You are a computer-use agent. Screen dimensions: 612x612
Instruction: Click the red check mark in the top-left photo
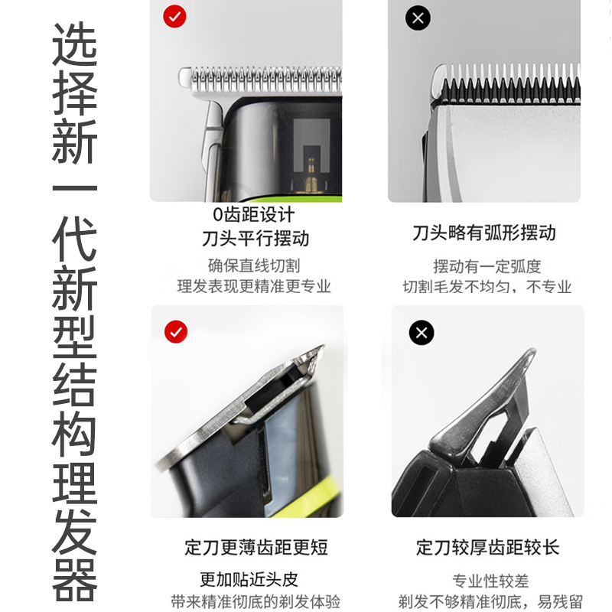174,16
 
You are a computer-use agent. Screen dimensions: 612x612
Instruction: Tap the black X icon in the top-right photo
418,18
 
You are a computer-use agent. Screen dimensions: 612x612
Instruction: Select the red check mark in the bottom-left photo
176,332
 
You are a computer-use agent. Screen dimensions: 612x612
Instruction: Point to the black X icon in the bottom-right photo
422,333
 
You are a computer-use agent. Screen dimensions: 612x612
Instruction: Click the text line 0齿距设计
254,214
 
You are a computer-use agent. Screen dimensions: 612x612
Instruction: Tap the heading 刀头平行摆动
256,239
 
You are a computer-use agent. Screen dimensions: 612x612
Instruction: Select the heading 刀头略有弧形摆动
484,233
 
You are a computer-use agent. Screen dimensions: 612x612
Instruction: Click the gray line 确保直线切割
254,265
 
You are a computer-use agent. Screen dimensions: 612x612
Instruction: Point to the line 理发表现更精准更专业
254,286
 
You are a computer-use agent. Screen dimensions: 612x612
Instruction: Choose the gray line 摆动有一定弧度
487,266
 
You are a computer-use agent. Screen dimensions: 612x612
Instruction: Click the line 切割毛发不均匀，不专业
487,287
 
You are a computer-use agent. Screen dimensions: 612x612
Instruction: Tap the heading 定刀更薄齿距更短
256,547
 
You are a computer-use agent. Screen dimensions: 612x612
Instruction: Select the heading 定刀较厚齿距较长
487,547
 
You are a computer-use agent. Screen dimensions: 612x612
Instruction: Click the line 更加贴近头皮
249,580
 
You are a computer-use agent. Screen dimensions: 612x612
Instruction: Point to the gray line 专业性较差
490,581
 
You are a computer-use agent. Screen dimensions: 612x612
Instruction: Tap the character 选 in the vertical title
74,44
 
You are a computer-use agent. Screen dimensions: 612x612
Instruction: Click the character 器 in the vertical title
74,579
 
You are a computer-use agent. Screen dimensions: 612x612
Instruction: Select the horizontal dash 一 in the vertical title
74,188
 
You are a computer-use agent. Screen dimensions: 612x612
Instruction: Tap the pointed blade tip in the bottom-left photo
322,347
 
